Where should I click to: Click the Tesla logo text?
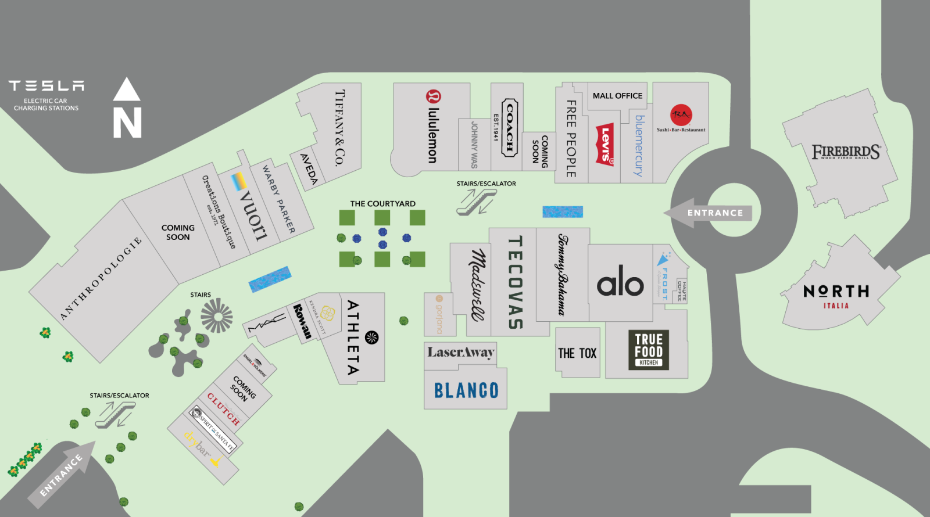(x=46, y=86)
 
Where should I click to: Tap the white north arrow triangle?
(x=126, y=91)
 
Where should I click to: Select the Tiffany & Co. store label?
(x=339, y=128)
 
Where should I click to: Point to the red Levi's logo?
(x=605, y=145)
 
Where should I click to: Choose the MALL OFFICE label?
(x=617, y=96)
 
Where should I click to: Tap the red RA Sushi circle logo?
(x=681, y=115)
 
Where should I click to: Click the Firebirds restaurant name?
(x=846, y=152)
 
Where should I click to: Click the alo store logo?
(x=620, y=283)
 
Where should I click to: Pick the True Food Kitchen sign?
(x=649, y=350)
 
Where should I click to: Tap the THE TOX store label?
(x=577, y=353)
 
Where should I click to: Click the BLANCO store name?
(x=466, y=390)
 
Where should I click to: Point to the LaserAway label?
(x=461, y=352)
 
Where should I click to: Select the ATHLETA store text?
(x=353, y=337)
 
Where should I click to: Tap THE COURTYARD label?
(x=382, y=204)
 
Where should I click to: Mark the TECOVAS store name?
(x=514, y=282)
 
